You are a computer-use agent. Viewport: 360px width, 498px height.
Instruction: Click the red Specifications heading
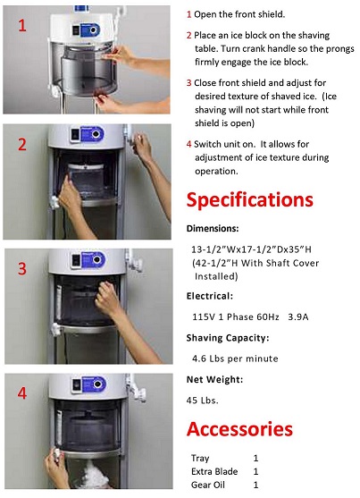(249, 198)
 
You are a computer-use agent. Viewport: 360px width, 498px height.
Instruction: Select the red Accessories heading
(239, 428)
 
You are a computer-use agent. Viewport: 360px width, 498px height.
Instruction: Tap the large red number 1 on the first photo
(21, 26)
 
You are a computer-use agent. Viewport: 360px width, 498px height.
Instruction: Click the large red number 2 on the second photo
(21, 146)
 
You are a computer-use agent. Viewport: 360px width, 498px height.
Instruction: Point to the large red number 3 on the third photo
(21, 267)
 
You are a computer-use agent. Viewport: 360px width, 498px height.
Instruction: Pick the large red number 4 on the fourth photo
(21, 391)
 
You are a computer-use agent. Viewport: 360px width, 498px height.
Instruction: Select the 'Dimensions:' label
(213, 228)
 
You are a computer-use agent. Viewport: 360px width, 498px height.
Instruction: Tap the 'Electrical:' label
(211, 294)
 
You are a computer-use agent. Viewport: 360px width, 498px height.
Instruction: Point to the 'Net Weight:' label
(215, 379)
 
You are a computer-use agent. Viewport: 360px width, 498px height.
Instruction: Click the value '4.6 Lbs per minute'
(235, 358)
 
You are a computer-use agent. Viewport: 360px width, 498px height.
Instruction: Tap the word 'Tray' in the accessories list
(200, 458)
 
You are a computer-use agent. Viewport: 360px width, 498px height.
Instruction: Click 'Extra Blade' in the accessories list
(213, 471)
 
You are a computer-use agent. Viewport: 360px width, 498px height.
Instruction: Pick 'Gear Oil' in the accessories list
(208, 485)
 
